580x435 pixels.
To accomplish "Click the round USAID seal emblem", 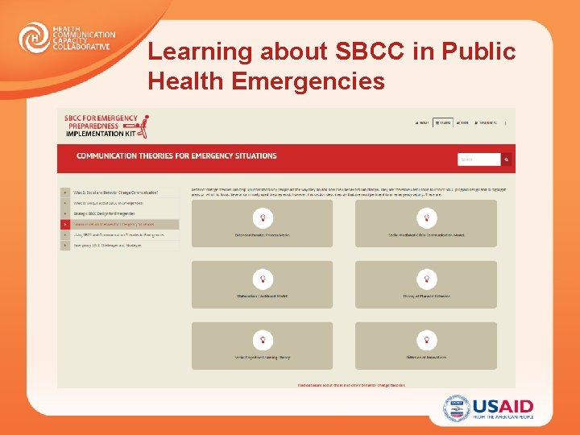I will point(456,408).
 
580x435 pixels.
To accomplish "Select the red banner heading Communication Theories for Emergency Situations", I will point(176,156).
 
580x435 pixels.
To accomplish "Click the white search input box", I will point(478,159).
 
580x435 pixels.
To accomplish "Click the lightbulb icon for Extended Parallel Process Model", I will point(262,217).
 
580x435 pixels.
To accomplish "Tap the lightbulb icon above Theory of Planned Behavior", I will point(426,278).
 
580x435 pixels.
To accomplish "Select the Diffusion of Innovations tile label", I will point(426,358).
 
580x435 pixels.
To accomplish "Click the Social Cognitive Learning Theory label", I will point(262,358).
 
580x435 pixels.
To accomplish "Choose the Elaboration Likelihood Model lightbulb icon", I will point(262,278).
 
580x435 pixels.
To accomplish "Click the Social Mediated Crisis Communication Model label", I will point(426,234).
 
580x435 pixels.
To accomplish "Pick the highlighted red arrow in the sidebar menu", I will point(64,224).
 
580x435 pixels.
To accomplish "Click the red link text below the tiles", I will point(351,385).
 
